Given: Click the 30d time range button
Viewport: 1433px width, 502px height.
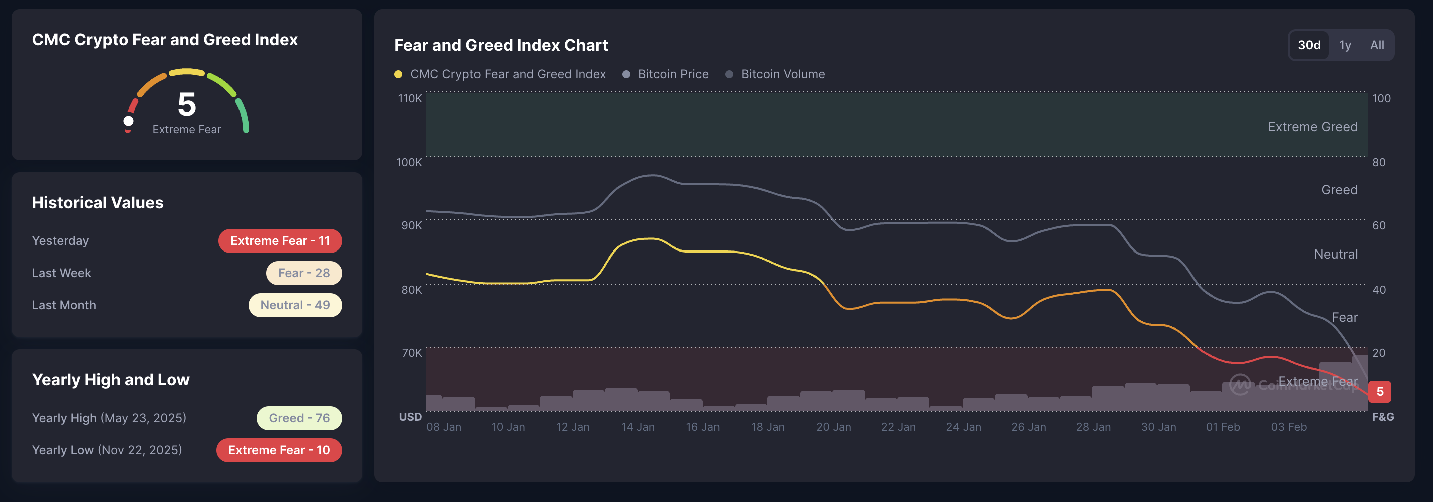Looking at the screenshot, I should [1308, 45].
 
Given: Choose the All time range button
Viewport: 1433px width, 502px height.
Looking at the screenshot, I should [1377, 45].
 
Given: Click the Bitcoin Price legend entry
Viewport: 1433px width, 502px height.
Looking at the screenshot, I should [666, 74].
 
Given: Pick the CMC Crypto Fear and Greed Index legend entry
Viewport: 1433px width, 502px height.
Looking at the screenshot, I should [500, 74].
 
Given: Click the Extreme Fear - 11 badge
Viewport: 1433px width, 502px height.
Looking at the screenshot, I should [280, 240].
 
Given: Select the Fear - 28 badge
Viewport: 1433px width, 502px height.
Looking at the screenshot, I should [304, 273].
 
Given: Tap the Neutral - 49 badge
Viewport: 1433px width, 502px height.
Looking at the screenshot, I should [295, 305].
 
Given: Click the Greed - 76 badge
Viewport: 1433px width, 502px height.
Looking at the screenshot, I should [299, 418].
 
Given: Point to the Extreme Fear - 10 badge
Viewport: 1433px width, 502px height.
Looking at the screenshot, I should [279, 450].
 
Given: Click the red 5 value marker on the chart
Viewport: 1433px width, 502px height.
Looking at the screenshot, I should [1379, 391].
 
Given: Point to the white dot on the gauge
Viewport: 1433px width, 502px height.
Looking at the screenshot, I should [128, 121].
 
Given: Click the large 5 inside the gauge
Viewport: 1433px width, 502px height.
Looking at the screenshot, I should [187, 105].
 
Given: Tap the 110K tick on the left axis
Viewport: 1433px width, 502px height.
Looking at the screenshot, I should [410, 98].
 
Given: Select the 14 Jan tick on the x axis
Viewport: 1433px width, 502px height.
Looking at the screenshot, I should [637, 427].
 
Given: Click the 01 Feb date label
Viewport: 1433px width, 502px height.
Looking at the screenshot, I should [1222, 427].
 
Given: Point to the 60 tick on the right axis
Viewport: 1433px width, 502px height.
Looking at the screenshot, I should [1378, 226].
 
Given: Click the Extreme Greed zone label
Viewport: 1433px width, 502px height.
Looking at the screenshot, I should [1312, 127].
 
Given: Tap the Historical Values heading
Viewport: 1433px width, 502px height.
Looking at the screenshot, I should [97, 203].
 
